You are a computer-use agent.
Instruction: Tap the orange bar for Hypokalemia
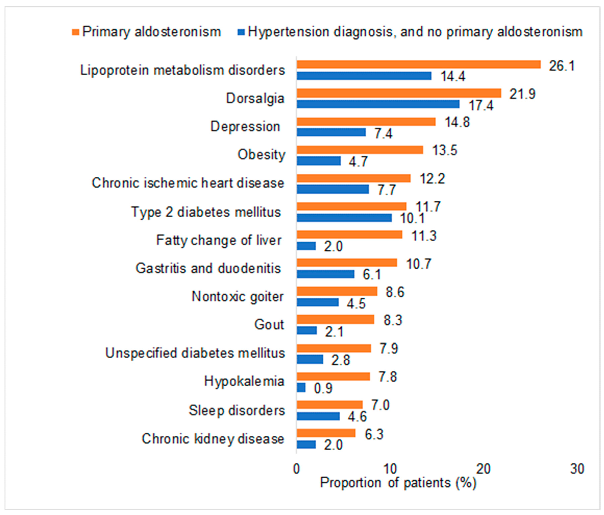333,376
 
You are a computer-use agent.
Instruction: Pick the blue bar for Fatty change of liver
306,246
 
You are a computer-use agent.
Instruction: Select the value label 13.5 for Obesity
445,151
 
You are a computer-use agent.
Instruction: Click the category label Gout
269,325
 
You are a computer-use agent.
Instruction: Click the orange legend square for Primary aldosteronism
76,32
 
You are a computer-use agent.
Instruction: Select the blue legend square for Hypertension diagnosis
241,32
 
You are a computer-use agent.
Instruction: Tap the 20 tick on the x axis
483,469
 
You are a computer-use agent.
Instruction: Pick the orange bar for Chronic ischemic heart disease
354,178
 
